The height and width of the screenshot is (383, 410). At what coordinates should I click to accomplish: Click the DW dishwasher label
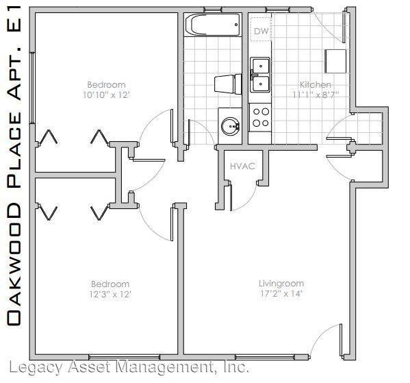(x=261, y=31)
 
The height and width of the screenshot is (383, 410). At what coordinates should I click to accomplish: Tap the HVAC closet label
(x=242, y=166)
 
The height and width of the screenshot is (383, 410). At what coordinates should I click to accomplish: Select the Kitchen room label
(x=316, y=84)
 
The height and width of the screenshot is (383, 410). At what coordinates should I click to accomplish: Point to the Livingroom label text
(x=281, y=283)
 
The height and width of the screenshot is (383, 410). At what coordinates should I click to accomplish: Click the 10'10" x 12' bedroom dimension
(x=106, y=95)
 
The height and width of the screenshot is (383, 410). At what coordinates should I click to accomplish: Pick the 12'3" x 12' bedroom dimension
(x=110, y=294)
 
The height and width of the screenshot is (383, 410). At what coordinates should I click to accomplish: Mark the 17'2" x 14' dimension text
(x=281, y=293)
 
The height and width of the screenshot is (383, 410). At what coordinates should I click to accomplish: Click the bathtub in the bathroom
(x=212, y=25)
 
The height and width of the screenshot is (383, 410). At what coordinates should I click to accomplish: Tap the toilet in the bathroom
(x=228, y=84)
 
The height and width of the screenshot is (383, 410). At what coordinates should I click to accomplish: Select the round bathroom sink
(x=231, y=126)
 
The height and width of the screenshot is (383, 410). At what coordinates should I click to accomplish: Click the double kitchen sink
(x=260, y=75)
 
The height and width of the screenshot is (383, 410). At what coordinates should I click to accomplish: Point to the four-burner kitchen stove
(x=260, y=117)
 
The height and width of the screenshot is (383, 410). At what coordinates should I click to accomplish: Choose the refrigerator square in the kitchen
(x=335, y=61)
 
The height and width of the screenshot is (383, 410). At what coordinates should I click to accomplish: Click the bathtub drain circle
(x=236, y=25)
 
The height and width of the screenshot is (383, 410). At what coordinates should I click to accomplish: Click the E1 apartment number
(x=14, y=19)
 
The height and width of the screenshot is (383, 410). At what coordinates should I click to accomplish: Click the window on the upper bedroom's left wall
(x=32, y=88)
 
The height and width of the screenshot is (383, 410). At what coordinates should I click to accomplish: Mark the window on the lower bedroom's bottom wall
(x=124, y=357)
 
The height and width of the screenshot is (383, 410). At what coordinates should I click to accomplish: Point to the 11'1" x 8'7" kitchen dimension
(x=316, y=95)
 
